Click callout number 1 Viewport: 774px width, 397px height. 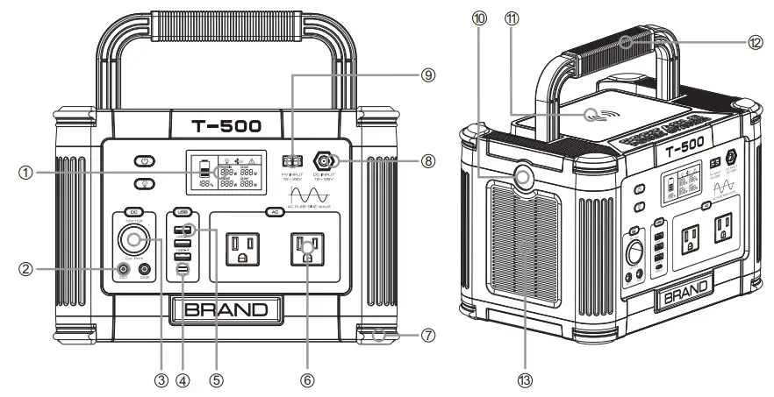(25, 174)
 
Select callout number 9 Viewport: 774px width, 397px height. (427, 75)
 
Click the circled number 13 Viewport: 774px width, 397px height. (525, 379)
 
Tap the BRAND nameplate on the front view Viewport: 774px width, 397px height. (226, 309)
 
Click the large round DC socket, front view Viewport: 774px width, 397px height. (133, 239)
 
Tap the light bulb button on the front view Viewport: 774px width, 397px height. (145, 183)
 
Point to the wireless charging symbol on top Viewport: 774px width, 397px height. (600, 114)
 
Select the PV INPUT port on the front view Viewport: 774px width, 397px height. (292, 161)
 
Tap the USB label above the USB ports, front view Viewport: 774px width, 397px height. (183, 212)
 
